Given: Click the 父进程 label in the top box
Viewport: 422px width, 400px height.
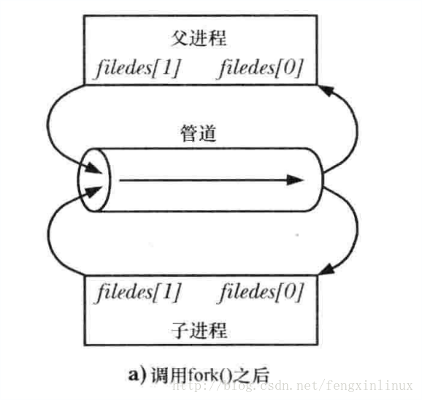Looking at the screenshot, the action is coord(199,38).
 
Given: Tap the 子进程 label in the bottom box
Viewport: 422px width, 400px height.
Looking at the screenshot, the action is coord(199,330).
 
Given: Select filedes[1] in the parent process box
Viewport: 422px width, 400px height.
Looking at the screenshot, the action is coord(137,68).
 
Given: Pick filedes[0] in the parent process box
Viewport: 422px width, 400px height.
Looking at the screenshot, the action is coord(260,68).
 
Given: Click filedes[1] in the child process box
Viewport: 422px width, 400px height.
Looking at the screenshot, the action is coord(138,292).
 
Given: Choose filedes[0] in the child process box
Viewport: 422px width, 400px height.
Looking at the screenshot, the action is coord(261,292).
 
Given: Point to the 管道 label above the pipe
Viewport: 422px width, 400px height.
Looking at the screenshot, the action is coord(199,133).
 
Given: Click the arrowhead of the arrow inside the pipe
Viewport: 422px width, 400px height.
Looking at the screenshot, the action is coord(295,180).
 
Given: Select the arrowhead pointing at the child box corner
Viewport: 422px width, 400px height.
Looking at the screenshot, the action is coord(326,269).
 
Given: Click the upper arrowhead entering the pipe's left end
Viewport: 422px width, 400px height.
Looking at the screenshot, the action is coord(93,169).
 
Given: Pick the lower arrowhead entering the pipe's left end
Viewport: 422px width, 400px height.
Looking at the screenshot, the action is coord(93,191).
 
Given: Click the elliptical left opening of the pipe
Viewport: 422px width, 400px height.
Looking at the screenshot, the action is coord(78,180).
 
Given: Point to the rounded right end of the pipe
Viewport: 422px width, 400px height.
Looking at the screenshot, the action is coord(322,180).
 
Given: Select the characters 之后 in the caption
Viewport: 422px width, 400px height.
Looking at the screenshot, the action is coord(251,375).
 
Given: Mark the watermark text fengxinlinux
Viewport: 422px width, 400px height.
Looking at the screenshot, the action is coord(369,385).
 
